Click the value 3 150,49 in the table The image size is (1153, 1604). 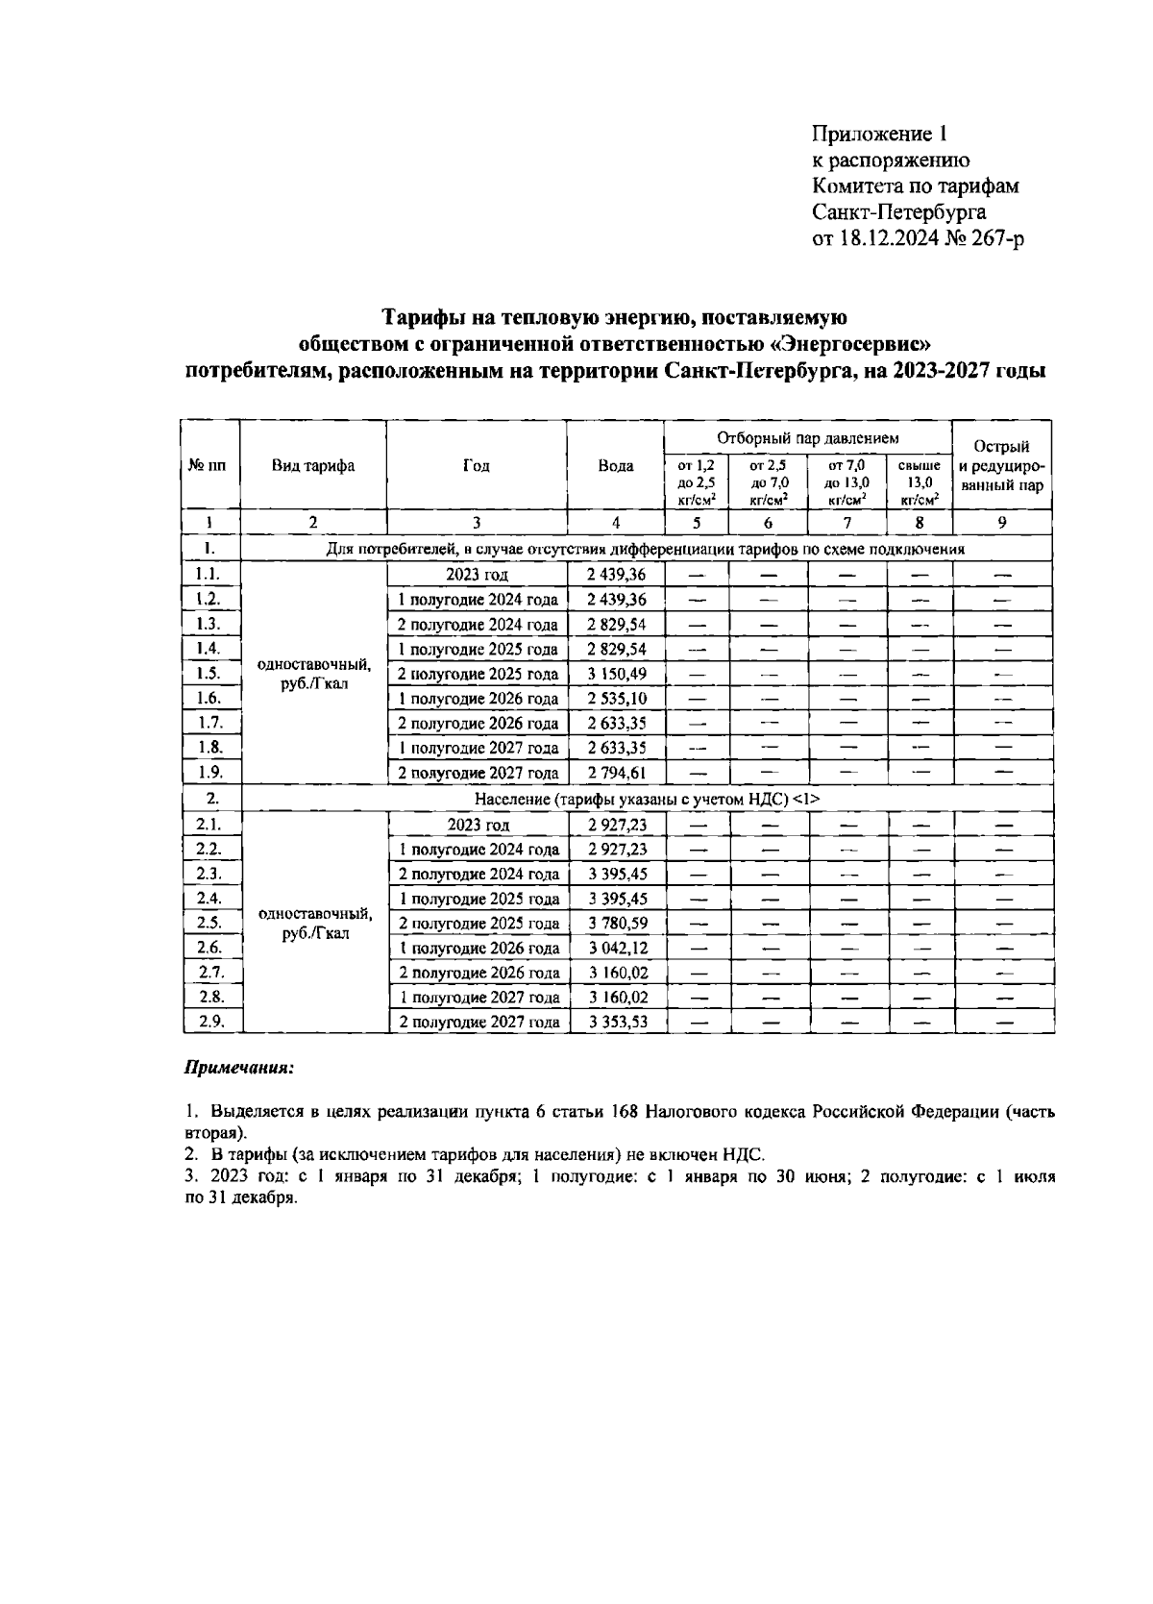click(x=617, y=674)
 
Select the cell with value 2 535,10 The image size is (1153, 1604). click(x=617, y=699)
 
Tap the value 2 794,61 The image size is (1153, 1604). click(x=617, y=773)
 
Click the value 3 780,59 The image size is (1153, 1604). click(x=617, y=924)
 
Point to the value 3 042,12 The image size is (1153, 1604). click(x=617, y=949)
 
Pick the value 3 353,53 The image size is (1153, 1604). click(x=617, y=1023)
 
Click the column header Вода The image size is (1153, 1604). click(x=616, y=465)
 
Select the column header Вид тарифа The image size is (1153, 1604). click(x=313, y=465)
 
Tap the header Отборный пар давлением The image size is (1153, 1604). click(x=808, y=438)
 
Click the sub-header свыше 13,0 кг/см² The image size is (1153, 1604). click(x=919, y=481)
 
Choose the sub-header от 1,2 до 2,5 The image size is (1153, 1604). click(x=696, y=481)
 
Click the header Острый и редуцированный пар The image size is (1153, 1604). click(x=1002, y=465)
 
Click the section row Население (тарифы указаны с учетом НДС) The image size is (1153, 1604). click(x=648, y=799)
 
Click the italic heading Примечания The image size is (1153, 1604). click(x=238, y=1068)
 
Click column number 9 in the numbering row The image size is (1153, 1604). click(x=1002, y=523)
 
